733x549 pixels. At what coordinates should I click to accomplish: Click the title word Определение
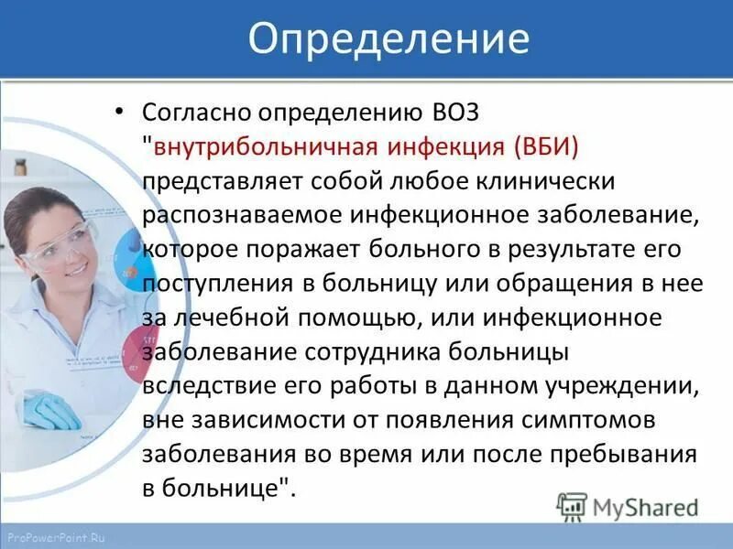click(389, 39)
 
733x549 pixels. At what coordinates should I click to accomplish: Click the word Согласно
click(195, 114)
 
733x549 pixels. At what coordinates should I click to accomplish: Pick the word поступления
click(213, 284)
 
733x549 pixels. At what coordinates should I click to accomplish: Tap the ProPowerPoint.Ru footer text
click(55, 538)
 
